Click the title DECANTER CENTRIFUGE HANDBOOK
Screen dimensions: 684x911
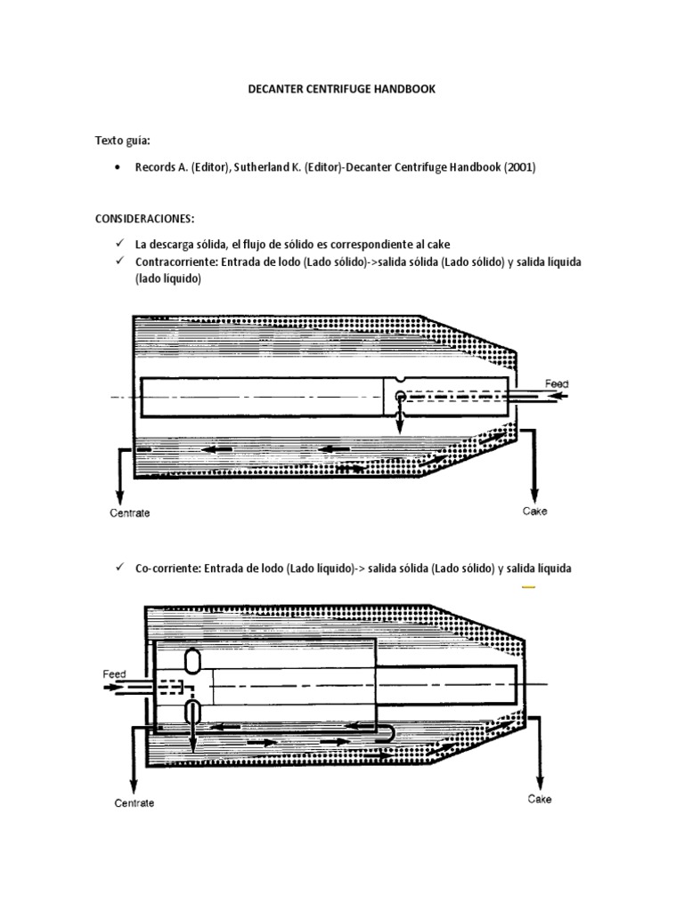pos(341,90)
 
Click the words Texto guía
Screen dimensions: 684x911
pos(122,141)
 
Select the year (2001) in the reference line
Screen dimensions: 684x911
pos(517,167)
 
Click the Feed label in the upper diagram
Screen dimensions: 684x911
pos(557,384)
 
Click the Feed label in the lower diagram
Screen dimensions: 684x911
pos(114,674)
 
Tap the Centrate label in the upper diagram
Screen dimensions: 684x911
pos(130,513)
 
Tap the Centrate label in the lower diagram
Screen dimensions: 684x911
pos(134,803)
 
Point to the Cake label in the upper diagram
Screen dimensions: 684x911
pos(534,512)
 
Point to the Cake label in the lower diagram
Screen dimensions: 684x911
pos(540,799)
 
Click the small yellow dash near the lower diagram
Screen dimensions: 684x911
pos(527,588)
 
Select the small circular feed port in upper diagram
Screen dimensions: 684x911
pos(400,396)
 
